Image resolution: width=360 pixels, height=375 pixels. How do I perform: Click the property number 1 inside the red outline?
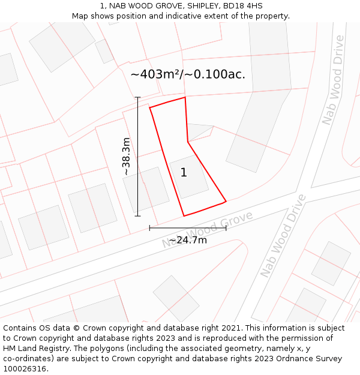(x=184, y=173)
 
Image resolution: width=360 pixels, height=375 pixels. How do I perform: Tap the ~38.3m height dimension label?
(x=126, y=157)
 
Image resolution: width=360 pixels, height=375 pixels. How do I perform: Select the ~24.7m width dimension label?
(x=188, y=240)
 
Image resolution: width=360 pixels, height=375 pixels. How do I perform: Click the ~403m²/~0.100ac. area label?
(x=188, y=74)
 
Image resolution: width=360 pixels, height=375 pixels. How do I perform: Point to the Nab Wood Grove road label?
(x=208, y=230)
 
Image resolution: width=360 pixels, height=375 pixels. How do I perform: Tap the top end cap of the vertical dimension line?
(x=138, y=97)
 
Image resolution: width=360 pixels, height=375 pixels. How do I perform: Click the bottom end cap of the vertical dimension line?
(x=138, y=215)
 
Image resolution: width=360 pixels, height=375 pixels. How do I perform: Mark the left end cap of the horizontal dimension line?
(x=149, y=228)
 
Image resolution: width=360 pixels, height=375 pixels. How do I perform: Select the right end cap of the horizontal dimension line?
(x=226, y=228)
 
